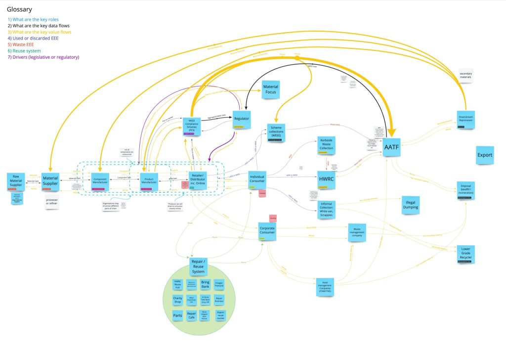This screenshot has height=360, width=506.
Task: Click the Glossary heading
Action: pos(20,9)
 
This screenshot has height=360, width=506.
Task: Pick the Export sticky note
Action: pos(485,155)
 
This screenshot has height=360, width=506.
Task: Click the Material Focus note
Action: pos(270,90)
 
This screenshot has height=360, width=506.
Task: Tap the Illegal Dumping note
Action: pos(411,204)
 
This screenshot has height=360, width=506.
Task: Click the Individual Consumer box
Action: pos(258,179)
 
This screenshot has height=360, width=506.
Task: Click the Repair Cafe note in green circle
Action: pos(192,315)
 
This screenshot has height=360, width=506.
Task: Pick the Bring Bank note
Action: pos(206,284)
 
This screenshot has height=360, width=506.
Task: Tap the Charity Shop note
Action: pos(178,300)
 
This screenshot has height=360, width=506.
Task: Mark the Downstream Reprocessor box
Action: pos(466,120)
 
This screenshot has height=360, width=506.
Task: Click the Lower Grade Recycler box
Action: pos(465,253)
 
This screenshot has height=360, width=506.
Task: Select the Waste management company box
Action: pos(358,231)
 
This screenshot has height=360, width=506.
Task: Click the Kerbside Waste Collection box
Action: pos(326,145)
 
